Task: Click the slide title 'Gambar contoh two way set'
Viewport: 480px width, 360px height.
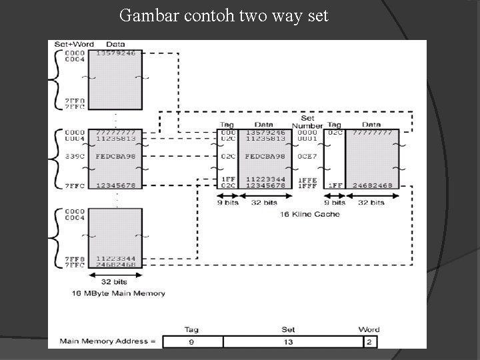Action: click(x=223, y=15)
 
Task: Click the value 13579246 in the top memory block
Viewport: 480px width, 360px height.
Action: click(x=117, y=53)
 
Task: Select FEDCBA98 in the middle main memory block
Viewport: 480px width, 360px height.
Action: click(x=117, y=156)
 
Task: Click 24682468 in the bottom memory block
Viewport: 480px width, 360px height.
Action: click(x=117, y=265)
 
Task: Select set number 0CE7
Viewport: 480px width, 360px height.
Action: click(x=307, y=156)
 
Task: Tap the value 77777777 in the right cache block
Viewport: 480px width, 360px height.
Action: click(x=371, y=132)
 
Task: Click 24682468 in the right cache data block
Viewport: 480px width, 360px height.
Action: click(x=371, y=185)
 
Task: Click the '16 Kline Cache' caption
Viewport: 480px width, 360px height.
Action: click(x=309, y=214)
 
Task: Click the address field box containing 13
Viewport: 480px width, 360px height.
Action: click(x=289, y=341)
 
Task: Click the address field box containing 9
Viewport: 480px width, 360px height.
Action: click(x=193, y=341)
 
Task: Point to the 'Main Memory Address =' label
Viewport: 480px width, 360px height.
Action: click(x=108, y=341)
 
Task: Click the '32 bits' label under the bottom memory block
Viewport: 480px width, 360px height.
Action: click(x=117, y=282)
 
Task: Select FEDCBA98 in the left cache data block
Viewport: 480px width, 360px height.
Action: click(x=265, y=156)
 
